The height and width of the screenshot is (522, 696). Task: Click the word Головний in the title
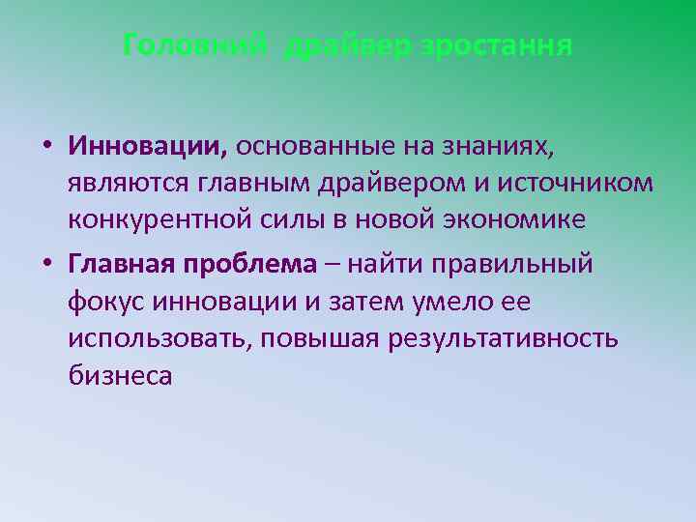pos(197,45)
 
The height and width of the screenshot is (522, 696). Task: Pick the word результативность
pos(511,339)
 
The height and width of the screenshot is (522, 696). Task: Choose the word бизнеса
pos(120,376)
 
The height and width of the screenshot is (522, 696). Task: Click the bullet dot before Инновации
pos(45,147)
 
